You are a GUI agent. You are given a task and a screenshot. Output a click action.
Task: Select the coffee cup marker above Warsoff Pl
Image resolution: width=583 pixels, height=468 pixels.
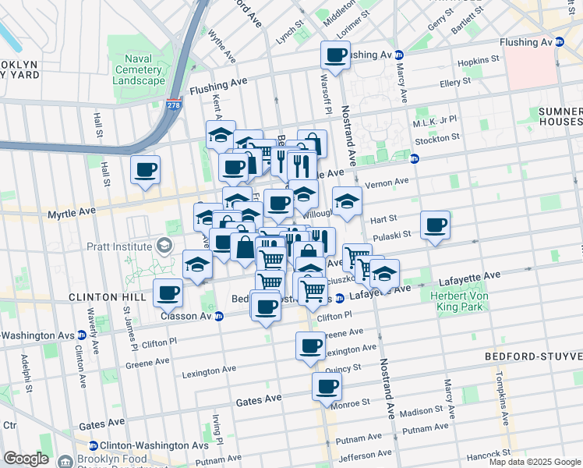(336, 56)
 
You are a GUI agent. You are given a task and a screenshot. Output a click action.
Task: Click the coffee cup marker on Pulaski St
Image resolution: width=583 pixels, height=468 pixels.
(436, 226)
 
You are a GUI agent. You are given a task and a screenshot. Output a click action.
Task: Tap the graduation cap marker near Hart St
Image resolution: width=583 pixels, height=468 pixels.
(347, 202)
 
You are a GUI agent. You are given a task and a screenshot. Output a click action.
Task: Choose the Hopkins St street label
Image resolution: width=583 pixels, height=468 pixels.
(479, 60)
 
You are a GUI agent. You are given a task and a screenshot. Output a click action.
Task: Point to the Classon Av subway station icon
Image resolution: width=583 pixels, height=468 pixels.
(219, 316)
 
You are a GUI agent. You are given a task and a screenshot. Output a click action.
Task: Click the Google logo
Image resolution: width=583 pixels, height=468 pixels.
(26, 459)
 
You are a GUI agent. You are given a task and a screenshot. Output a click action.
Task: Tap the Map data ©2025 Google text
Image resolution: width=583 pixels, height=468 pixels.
(535, 462)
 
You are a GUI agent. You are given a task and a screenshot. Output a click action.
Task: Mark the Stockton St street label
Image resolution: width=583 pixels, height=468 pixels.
(437, 140)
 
